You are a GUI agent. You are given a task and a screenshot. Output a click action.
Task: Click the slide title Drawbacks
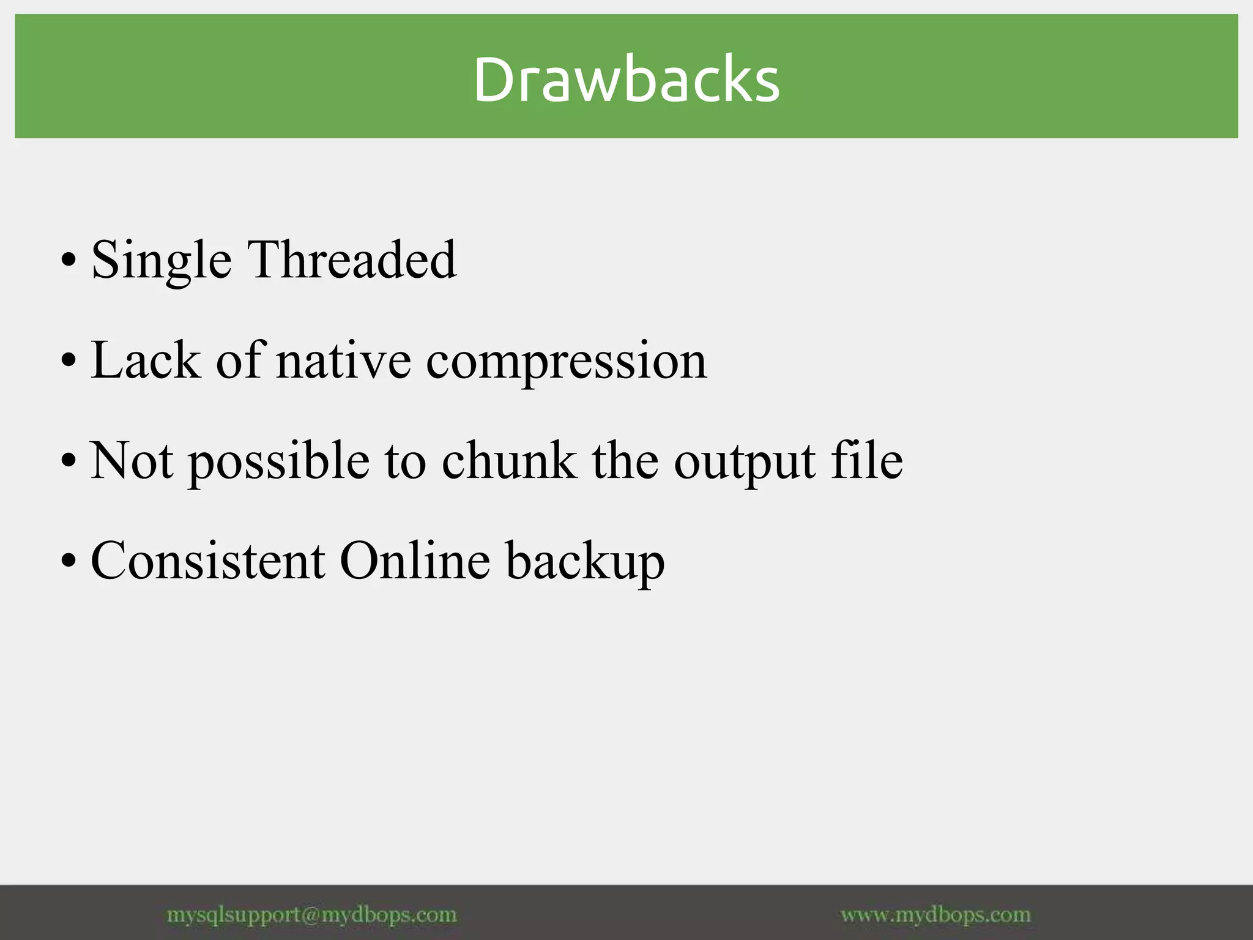pos(626,80)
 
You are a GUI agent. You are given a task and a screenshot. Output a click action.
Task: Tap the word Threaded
pos(352,260)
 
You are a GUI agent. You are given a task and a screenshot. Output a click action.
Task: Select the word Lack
pos(146,361)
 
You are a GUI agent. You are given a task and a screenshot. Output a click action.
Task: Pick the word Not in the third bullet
pos(132,461)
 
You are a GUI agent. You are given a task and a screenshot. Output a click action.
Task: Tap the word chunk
pos(508,461)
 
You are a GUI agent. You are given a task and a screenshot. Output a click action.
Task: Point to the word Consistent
pos(208,561)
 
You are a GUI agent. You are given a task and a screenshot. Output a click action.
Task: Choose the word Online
pos(415,561)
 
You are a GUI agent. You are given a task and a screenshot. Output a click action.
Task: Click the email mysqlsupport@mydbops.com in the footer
pos(311,915)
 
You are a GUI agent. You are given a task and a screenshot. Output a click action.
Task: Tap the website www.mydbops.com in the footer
pos(935,915)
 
